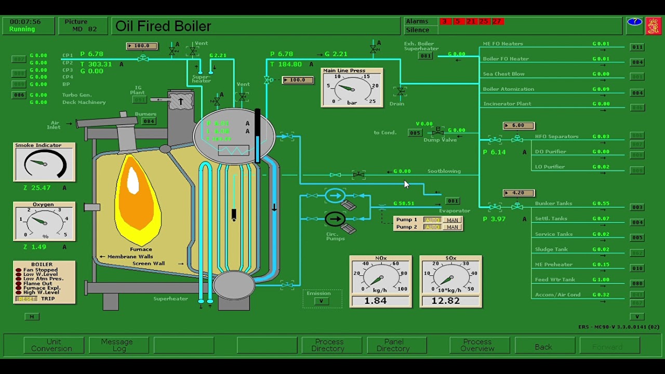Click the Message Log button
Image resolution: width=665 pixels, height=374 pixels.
(x=119, y=345)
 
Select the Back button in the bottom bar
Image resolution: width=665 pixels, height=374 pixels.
(x=544, y=346)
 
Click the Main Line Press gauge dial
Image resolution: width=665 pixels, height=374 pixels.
(x=352, y=88)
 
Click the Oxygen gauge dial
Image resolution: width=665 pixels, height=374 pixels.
(x=44, y=222)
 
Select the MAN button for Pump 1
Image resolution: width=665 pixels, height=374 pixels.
(x=452, y=220)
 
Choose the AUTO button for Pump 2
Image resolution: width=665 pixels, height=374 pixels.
(x=432, y=227)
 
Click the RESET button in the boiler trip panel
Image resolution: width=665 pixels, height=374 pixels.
(x=26, y=299)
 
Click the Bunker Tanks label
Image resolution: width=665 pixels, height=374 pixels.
(x=553, y=204)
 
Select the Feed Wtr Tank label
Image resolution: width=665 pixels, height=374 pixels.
(x=555, y=279)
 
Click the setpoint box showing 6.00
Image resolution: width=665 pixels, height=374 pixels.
(x=518, y=126)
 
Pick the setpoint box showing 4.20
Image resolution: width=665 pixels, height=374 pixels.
(x=518, y=193)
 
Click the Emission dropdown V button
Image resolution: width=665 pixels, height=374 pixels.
(x=322, y=301)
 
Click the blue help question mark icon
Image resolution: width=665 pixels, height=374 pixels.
(x=634, y=22)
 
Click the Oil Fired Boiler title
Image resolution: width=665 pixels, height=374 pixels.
(x=163, y=26)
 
